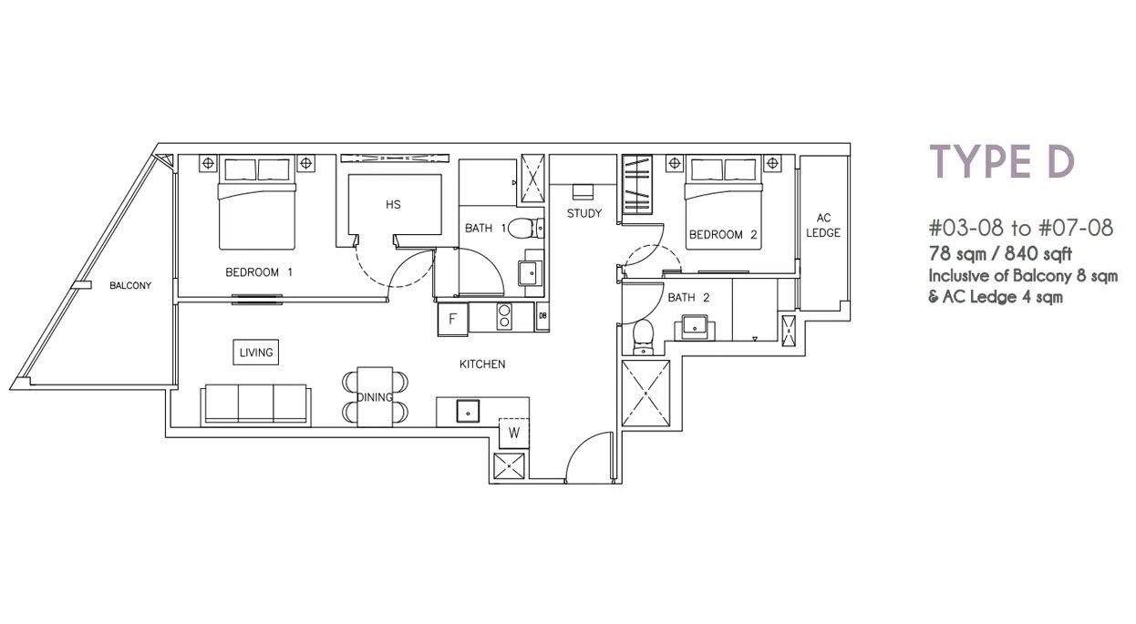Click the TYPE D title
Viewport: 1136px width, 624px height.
[x=1002, y=161]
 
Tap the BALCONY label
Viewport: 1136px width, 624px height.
[x=130, y=286]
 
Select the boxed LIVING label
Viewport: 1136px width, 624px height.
[x=256, y=353]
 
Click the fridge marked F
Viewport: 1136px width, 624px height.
[x=453, y=319]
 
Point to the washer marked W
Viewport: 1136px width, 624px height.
[x=514, y=433]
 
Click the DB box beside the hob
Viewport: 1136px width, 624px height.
[x=542, y=316]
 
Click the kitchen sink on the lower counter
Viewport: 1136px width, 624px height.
[x=468, y=411]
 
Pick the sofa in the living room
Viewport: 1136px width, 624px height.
[x=256, y=405]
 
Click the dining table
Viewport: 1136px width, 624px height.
[x=375, y=397]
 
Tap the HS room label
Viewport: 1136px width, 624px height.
[x=393, y=205]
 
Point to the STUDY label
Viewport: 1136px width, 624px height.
[x=584, y=213]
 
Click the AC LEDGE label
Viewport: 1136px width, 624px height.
[x=823, y=226]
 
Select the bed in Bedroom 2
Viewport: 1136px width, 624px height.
[x=723, y=203]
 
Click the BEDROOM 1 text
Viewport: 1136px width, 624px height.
[x=259, y=272]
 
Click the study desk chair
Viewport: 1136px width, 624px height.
[x=583, y=191]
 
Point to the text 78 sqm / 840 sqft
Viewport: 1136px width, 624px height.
[x=1000, y=253]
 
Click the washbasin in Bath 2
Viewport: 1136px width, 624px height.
[x=695, y=327]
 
